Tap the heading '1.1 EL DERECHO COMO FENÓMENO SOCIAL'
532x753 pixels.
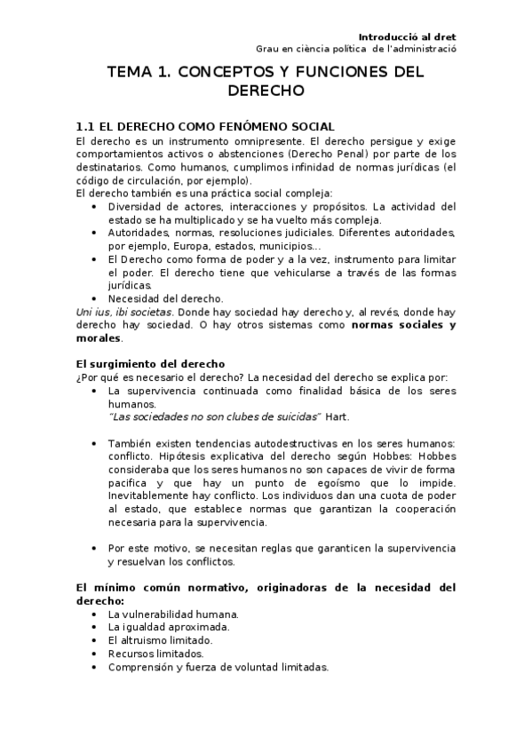(x=206, y=127)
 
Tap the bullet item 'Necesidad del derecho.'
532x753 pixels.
(x=166, y=299)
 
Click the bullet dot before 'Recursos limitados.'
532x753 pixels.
(x=96, y=654)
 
